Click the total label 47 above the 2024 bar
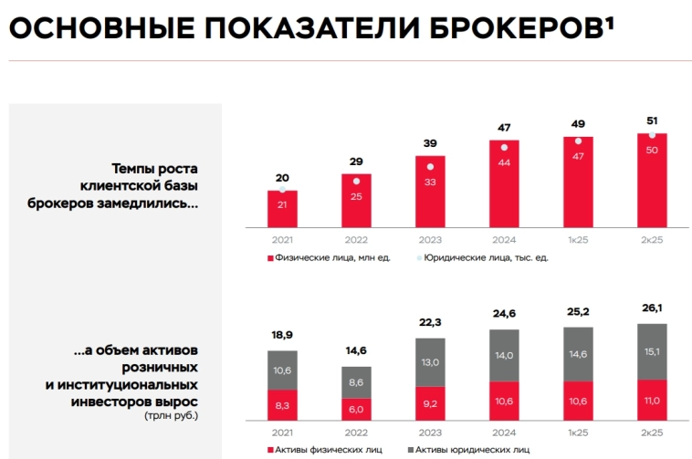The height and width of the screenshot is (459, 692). pyautogui.click(x=503, y=128)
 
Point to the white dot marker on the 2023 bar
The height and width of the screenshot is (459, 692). pyautogui.click(x=430, y=166)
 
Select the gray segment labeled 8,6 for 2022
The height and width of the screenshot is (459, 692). pyautogui.click(x=356, y=382)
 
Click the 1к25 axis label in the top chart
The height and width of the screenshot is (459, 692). pyautogui.click(x=577, y=240)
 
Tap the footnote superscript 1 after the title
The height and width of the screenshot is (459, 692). pyautogui.click(x=607, y=20)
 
